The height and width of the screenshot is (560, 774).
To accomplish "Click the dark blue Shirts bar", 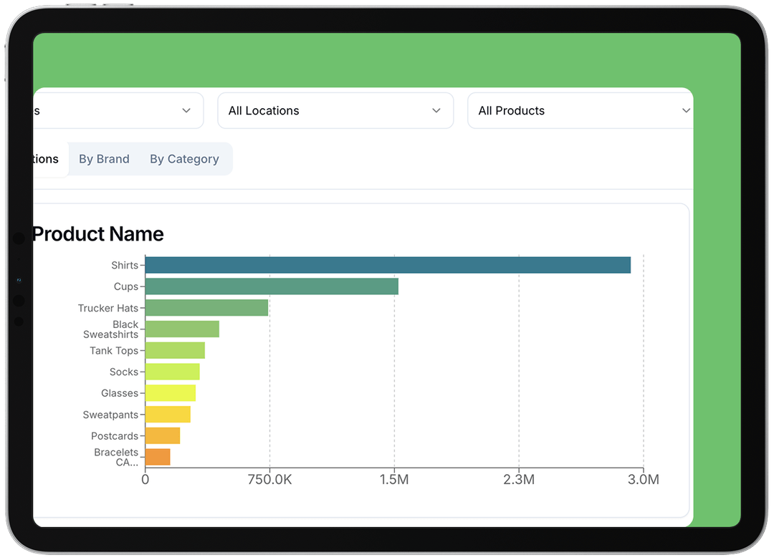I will point(388,265).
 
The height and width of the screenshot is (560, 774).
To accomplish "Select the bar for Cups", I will point(272,286).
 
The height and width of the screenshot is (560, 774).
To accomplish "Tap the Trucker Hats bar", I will point(206,308).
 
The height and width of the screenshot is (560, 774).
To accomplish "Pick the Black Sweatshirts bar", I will point(182,329).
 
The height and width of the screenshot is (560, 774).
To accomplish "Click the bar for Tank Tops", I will point(175,351).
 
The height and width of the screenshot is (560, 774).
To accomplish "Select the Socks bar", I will point(172,372).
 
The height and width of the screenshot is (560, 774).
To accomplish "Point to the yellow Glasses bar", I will point(170,393).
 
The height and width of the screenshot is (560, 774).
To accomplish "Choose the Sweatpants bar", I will point(168,415).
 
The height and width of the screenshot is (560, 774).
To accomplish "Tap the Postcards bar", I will point(163,436).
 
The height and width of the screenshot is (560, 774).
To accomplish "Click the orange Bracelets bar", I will point(158,457).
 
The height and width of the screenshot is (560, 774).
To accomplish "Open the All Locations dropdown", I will point(335,111).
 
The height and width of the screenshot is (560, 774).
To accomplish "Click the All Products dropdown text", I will point(511,111).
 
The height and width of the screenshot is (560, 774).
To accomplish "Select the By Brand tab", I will point(104,159).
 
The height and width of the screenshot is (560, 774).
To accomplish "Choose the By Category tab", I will point(184,159).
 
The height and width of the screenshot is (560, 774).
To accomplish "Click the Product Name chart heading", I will point(98,234).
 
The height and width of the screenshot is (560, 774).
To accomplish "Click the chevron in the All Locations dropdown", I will point(436,111).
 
